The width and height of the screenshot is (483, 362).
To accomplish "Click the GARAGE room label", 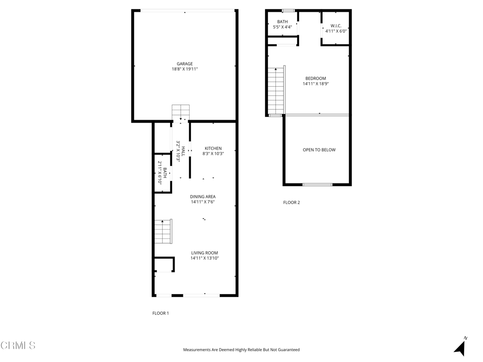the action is click(x=184, y=64).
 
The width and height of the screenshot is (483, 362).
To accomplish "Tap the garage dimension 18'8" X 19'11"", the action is click(x=184, y=69).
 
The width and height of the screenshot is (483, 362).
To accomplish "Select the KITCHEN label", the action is click(x=213, y=148).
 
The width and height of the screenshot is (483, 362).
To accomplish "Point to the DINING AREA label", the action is click(x=203, y=197).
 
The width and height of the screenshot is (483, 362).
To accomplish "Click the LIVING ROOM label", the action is click(x=205, y=253).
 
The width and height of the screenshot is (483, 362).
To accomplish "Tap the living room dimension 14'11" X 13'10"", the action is click(x=205, y=258).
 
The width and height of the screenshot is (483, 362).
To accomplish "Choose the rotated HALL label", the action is click(x=183, y=151).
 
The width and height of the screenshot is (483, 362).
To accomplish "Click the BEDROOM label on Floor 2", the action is click(x=316, y=79).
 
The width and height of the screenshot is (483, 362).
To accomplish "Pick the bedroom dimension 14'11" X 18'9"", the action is click(x=316, y=84).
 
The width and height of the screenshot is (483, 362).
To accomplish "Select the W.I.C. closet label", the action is click(x=336, y=26).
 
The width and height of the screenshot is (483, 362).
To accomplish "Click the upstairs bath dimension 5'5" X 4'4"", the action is click(x=283, y=27).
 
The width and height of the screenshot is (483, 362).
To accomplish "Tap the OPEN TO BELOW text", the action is click(x=319, y=150).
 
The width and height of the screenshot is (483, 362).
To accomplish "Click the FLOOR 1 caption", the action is click(x=160, y=313).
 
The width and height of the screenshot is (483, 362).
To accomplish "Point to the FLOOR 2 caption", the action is click(x=291, y=203).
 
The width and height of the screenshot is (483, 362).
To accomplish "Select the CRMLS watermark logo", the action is click(x=18, y=346).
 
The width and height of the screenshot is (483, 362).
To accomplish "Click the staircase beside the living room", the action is click(x=163, y=231).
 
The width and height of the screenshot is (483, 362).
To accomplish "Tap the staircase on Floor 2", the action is click(x=276, y=90).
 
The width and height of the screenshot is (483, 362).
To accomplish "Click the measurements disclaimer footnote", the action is click(x=241, y=350).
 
